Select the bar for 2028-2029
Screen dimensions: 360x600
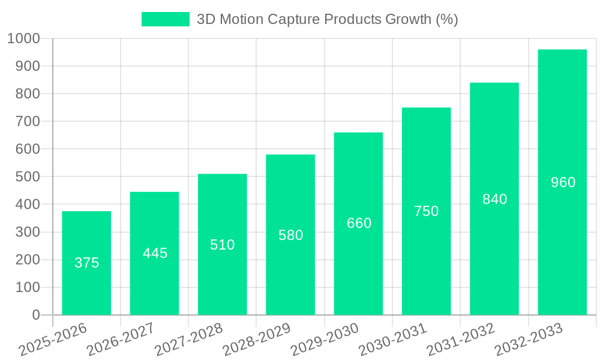coord(290,270)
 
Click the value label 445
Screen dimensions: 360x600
coord(155,253)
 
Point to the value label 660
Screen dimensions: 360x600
coord(359,223)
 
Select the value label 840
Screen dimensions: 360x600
coord(494,199)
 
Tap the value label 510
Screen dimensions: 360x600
coord(222,245)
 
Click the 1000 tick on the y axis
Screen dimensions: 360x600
coord(23,39)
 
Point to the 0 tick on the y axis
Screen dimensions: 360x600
coord(35,315)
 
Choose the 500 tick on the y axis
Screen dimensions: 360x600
coord(28,177)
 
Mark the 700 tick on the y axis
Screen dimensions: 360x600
coord(28,122)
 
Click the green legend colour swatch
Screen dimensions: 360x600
coord(165,19)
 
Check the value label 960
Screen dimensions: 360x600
coord(563,182)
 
